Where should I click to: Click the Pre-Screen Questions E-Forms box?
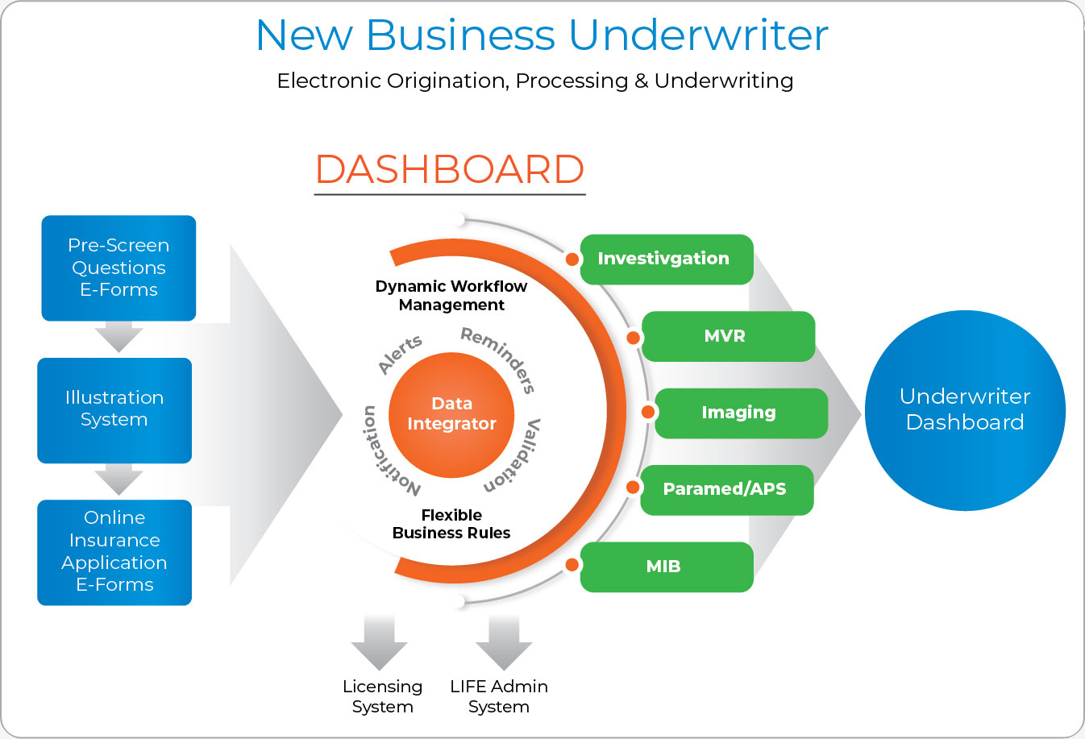tap(118, 268)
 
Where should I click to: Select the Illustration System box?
tap(114, 410)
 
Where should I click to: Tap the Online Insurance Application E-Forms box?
tap(114, 553)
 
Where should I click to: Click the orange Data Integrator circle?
tap(451, 415)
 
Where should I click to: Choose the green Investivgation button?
tap(667, 259)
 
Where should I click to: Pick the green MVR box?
tap(728, 336)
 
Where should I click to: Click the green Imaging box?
tap(741, 413)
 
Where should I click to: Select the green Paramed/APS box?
tap(727, 490)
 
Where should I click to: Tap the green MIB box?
tap(667, 567)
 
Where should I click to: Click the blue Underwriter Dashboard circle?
tap(965, 410)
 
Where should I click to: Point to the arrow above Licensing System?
tap(379, 642)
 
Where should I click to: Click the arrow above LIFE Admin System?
tap(504, 642)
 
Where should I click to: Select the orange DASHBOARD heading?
tap(450, 169)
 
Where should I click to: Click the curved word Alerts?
tap(400, 355)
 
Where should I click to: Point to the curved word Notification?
tap(388, 451)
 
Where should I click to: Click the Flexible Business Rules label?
tap(451, 524)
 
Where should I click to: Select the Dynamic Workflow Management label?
tap(451, 296)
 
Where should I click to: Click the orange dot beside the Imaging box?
tap(648, 412)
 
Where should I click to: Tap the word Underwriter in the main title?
tap(698, 35)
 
